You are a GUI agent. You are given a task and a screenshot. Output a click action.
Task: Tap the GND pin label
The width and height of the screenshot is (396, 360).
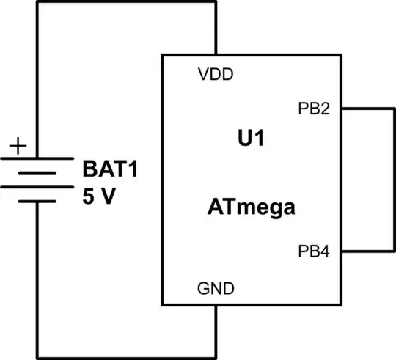pos(216,288)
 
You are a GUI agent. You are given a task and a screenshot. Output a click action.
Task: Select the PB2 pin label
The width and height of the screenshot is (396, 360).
pos(313,110)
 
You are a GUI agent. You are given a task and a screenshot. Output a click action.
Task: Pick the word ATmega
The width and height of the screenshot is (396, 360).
pos(250,208)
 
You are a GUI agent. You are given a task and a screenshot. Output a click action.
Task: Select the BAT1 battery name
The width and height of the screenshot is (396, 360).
pos(110,170)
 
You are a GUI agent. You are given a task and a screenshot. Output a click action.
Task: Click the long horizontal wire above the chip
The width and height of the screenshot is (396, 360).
pos(125,2)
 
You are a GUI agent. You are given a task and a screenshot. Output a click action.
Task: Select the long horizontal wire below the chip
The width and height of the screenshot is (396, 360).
pos(125,356)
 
